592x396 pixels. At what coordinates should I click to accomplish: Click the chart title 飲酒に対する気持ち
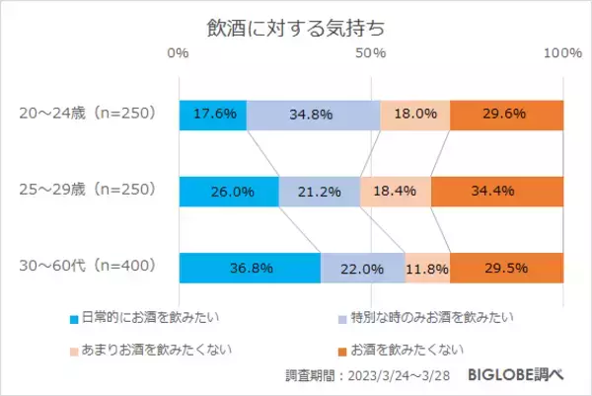(296, 26)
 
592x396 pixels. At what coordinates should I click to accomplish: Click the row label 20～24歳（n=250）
(89, 114)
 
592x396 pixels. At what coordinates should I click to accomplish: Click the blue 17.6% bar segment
(212, 115)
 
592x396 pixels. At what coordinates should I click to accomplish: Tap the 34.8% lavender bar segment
(313, 115)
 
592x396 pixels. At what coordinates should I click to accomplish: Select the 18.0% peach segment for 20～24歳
(415, 115)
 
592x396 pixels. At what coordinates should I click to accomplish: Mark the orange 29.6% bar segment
(506, 115)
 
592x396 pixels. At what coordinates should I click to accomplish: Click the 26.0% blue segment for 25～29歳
(229, 191)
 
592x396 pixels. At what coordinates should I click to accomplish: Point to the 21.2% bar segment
(320, 191)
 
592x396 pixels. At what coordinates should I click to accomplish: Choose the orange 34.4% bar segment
(496, 191)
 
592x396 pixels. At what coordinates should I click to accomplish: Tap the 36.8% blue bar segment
(250, 267)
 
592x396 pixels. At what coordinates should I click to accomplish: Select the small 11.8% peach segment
(427, 267)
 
